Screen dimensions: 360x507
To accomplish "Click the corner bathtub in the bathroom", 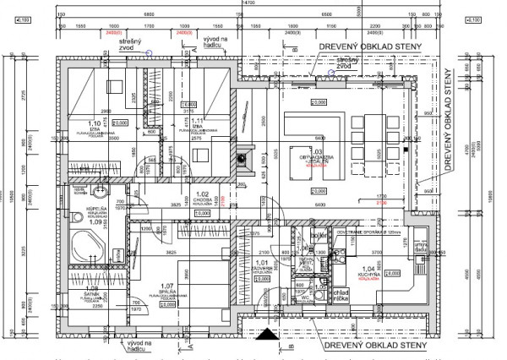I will point(85,245).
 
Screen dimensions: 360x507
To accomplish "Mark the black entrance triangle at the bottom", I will point(269,335).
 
